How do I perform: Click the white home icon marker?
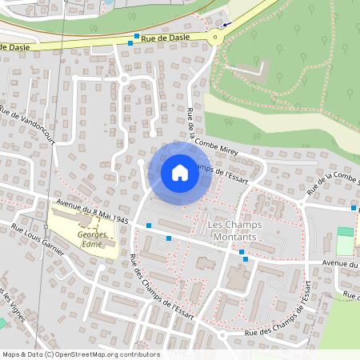[180, 173]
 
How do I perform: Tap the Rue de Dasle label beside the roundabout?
[167, 37]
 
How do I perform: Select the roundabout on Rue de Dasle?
[214, 37]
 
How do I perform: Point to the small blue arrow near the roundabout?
[226, 25]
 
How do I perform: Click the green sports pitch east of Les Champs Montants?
[345, 242]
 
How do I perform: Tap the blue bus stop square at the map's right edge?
[354, 208]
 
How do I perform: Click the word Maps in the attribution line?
[11, 354]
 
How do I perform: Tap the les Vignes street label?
[13, 302]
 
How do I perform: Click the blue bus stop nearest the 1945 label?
[148, 226]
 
